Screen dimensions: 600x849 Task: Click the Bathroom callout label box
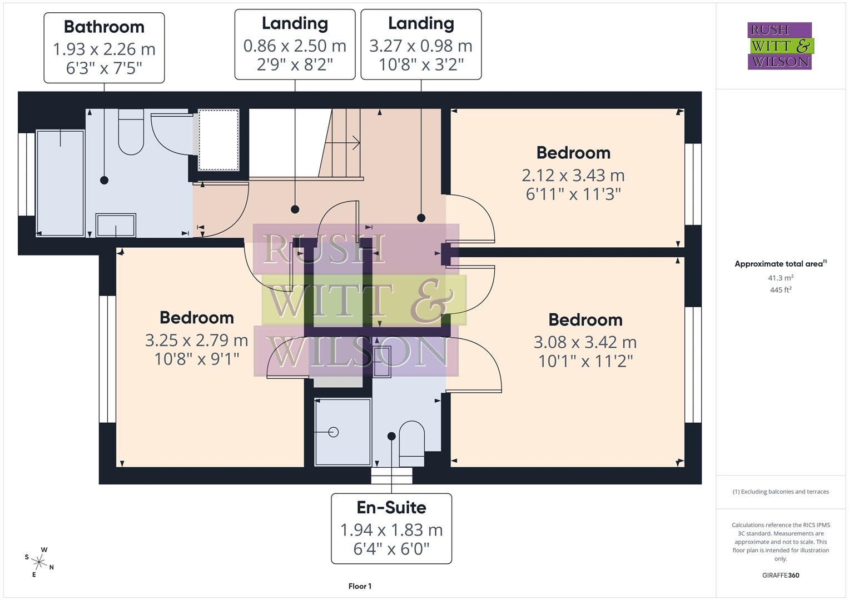tap(104, 48)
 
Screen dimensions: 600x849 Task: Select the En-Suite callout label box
tap(391, 528)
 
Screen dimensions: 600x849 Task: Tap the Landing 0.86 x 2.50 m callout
tap(295, 44)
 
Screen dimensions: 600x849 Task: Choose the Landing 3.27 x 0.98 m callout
tap(421, 44)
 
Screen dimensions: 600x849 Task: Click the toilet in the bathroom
tap(131, 133)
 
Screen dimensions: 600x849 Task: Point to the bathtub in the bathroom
tap(60, 183)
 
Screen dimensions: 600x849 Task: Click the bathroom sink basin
tap(116, 226)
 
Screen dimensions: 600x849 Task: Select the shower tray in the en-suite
tap(342, 432)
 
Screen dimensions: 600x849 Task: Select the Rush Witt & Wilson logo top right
tap(780, 46)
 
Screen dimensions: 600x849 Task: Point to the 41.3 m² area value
tap(781, 278)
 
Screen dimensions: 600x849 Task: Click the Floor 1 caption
tap(360, 586)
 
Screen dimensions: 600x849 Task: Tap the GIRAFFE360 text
tap(781, 575)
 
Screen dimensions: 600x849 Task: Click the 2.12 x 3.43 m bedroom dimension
tap(573, 176)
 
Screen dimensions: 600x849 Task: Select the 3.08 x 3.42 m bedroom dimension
tap(585, 342)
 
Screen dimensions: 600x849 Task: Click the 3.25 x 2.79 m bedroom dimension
tap(196, 340)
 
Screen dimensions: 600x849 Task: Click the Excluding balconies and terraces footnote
tap(781, 492)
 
